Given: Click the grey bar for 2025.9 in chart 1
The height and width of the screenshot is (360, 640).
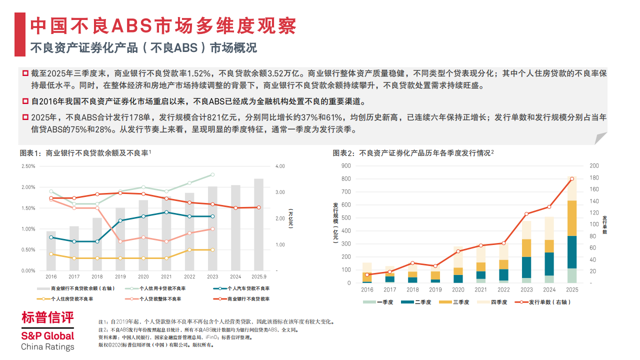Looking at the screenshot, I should point(258,225).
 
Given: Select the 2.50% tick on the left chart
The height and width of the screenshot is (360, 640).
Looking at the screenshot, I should point(28,166).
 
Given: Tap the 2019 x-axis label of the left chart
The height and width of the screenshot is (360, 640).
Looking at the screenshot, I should point(120,276).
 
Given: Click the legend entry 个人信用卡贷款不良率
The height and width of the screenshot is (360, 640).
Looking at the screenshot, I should point(162,288).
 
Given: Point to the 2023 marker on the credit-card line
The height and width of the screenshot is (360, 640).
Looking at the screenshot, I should point(212,174).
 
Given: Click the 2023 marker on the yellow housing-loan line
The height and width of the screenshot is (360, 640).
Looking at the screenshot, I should point(212,249).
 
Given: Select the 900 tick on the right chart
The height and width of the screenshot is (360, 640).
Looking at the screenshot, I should point(346,165).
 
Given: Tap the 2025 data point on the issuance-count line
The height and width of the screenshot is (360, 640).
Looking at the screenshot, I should point(571,178).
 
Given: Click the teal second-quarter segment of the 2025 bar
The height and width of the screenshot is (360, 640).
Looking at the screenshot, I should point(571,252).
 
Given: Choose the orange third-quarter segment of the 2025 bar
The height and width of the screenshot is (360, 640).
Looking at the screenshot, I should point(571,218).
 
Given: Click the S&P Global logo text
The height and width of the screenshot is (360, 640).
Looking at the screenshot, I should point(47,336).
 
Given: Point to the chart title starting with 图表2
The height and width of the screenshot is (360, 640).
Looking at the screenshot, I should point(413,153).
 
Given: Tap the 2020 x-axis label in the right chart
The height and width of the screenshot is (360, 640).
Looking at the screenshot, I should point(458,289).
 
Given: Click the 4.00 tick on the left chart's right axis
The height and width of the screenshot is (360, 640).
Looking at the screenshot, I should point(280,166).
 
